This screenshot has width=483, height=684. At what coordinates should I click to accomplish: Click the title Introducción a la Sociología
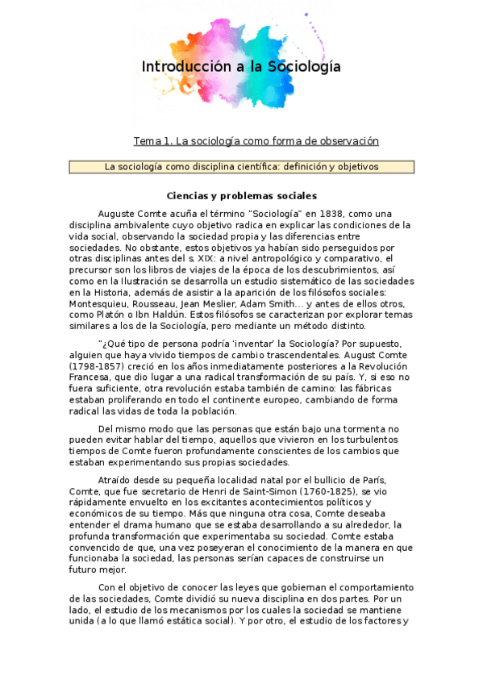tap(241, 67)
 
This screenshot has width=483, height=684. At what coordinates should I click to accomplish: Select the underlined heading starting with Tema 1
tap(256, 141)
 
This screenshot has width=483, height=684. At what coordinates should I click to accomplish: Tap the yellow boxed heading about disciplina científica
tap(242, 167)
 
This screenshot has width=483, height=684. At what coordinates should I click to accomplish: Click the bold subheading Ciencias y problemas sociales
tap(241, 196)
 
